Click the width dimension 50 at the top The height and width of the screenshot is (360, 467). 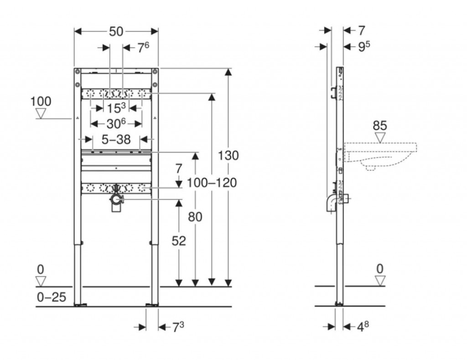pyautogui.click(x=116, y=31)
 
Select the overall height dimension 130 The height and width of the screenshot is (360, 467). pyautogui.click(x=228, y=156)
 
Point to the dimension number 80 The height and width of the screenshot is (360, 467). pyautogui.click(x=195, y=217)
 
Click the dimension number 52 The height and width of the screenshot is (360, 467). pyautogui.click(x=179, y=240)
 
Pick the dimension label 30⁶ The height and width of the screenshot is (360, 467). pyautogui.click(x=116, y=124)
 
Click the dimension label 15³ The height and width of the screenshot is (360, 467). pyautogui.click(x=116, y=109)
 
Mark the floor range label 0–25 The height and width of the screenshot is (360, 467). pyautogui.click(x=51, y=298)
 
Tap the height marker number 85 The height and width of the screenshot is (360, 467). pyautogui.click(x=380, y=125)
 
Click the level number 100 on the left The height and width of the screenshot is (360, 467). pyautogui.click(x=41, y=101)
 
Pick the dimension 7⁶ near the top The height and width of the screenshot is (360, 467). pyautogui.click(x=142, y=47)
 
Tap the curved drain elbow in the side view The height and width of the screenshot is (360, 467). pyautogui.click(x=330, y=203)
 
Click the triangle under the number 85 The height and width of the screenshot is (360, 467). pyautogui.click(x=380, y=136)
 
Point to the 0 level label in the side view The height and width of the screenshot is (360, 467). pyautogui.click(x=380, y=268)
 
